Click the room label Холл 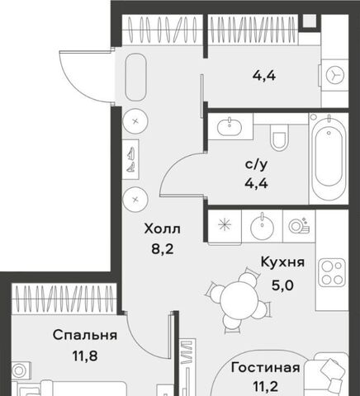point(162,229)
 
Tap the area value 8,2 point(163,249)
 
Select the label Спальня point(85,335)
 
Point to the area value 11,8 point(85,356)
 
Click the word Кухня point(282,262)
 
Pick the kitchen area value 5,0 point(282,285)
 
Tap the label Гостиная point(266,367)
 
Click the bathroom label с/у point(256,164)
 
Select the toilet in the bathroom point(279,137)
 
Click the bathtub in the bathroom point(329,158)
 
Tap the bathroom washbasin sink point(230,127)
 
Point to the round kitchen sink point(262,227)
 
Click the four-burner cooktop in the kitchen point(332,272)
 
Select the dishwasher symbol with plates point(299,226)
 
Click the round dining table point(239,299)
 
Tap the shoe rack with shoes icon point(130,159)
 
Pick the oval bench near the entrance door point(135,77)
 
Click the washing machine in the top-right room point(334,75)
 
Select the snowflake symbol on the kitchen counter point(225,225)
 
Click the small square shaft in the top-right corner point(310,21)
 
